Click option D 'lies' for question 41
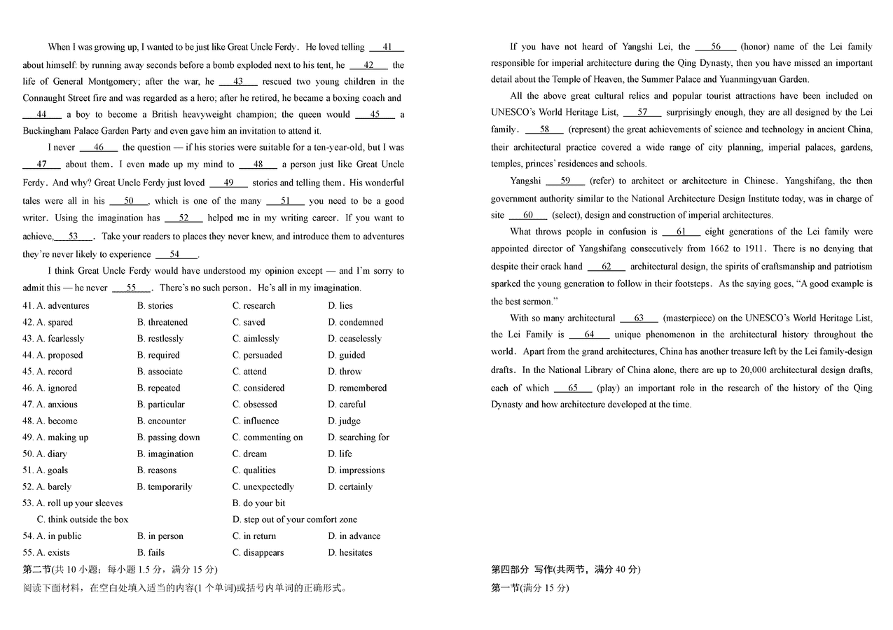tap(340, 306)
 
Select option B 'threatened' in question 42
tap(162, 323)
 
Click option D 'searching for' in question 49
tap(359, 437)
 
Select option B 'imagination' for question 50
tap(165, 454)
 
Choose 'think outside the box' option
tap(83, 519)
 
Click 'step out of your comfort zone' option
tap(295, 519)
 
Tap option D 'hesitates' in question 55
tap(350, 552)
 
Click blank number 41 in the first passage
tap(387, 48)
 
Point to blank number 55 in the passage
tap(131, 288)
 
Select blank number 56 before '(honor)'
tap(715, 47)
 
